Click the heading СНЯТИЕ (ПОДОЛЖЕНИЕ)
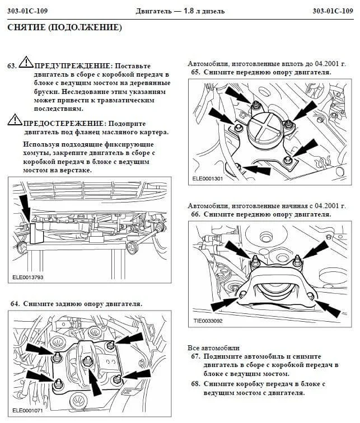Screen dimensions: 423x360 tap(64, 27)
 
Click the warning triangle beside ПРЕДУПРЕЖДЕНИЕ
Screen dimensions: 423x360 tap(26, 62)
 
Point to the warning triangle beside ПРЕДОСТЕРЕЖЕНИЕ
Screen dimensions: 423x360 tap(15, 119)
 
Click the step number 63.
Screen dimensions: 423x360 tap(12, 65)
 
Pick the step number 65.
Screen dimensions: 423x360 tap(195, 72)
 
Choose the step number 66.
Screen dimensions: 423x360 tap(195, 214)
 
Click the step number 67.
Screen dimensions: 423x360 tap(195, 356)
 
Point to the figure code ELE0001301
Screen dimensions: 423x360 tap(207, 179)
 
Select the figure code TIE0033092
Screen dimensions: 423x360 tap(207, 322)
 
